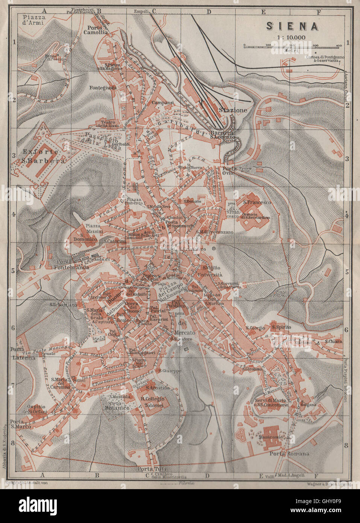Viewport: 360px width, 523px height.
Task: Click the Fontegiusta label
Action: tap(101, 88)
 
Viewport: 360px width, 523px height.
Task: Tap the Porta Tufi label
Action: tap(147, 469)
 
